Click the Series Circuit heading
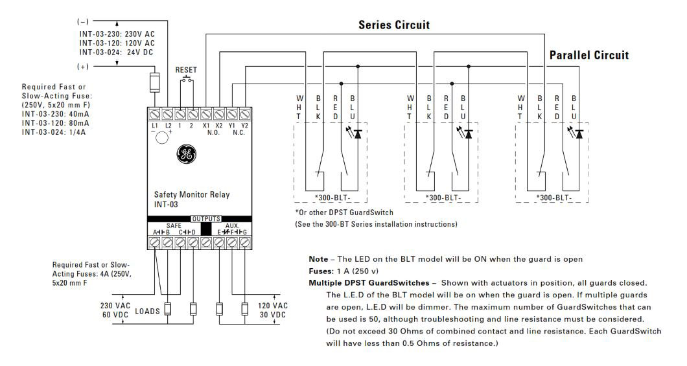click(394, 25)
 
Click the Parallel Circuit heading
click(588, 55)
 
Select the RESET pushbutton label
click(186, 70)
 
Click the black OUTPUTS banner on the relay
click(205, 219)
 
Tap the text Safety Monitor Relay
click(191, 194)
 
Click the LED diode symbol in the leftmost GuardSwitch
click(356, 134)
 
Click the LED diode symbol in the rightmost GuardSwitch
click(579, 134)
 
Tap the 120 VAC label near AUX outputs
click(272, 306)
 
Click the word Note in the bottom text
click(318, 259)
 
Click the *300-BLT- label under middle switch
click(443, 197)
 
